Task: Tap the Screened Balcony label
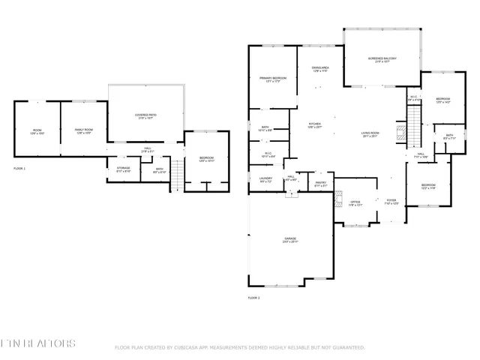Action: click(382, 59)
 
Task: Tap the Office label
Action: click(356, 202)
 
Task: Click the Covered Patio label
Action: click(145, 116)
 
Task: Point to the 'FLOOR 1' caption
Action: click(19, 169)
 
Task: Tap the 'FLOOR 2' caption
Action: click(253, 298)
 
